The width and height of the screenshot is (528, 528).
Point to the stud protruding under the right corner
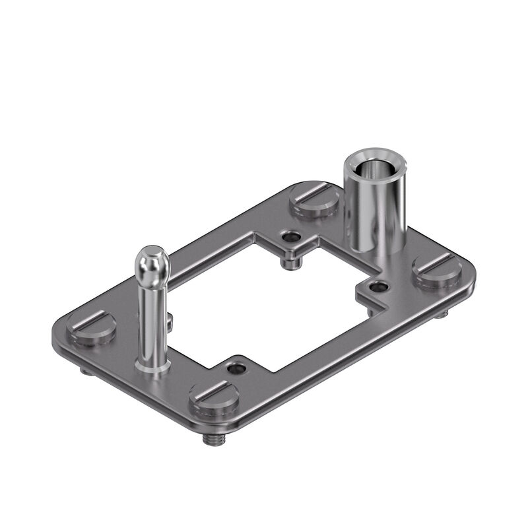pos(442,313)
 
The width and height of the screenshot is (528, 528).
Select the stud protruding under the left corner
pos(86,370)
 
